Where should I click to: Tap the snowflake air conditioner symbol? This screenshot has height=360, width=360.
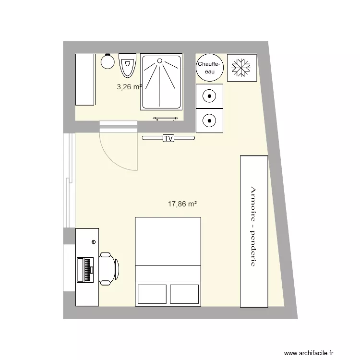pos(241,68)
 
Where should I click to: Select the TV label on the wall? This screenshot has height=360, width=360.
pos(168,138)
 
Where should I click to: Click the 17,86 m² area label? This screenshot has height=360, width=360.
pos(182,204)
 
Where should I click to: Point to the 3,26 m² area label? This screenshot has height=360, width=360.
pos(129,87)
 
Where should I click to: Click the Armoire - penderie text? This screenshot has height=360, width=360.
pos(254,226)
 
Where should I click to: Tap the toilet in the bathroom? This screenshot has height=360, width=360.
pos(128,65)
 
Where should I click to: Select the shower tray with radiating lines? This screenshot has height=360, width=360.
pos(161,82)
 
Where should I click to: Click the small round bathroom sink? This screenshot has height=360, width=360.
pos(107,61)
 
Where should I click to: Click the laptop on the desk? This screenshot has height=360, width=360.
pos(84,269)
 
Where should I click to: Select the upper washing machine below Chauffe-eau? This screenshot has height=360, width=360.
pos(210,96)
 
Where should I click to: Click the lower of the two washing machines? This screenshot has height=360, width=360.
pos(210,120)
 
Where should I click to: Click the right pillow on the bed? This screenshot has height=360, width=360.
pos(184,294)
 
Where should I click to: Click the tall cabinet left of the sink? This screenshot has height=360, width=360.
pos(85,79)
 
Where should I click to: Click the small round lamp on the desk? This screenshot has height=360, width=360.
pos(94,242)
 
